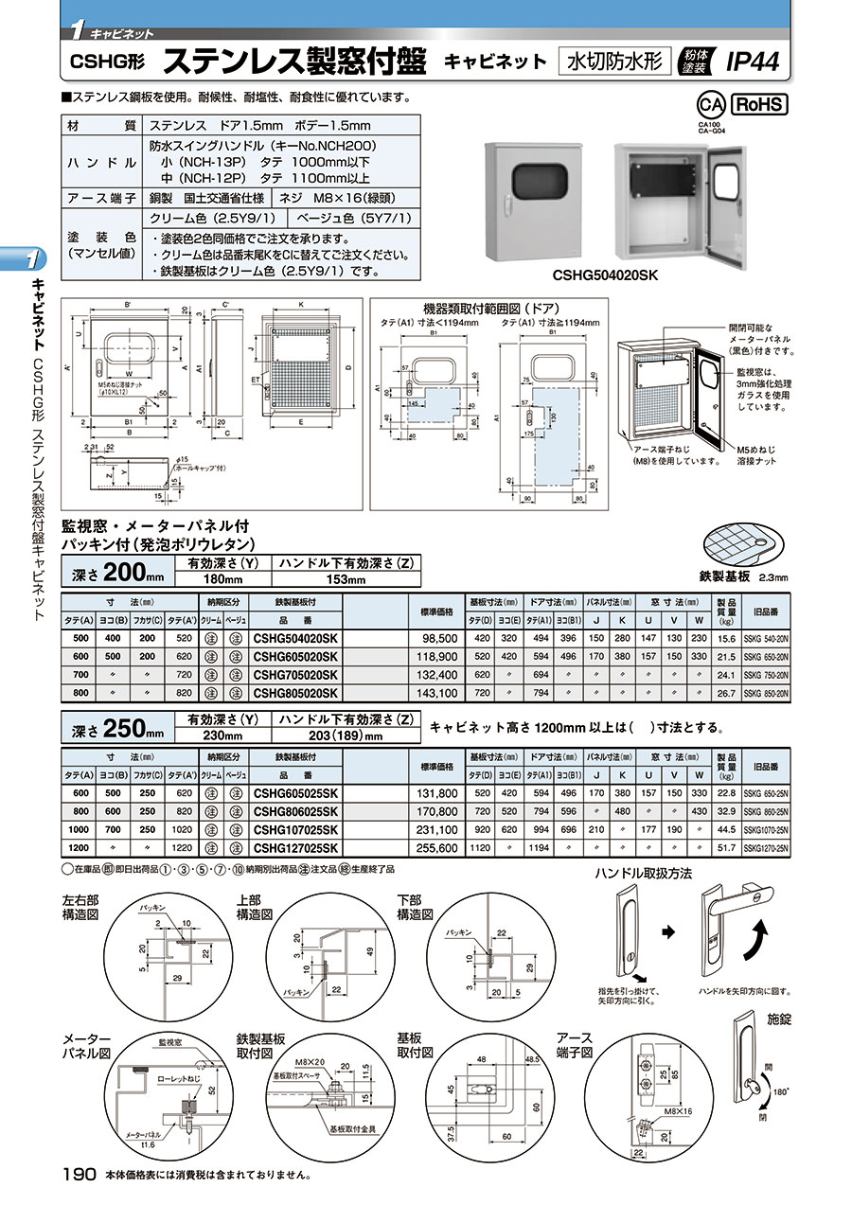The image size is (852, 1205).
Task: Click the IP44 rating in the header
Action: (x=753, y=62)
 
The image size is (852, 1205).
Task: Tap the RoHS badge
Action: (x=759, y=104)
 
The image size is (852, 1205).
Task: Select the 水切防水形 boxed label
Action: (x=616, y=62)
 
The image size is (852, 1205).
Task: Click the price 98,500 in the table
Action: (x=438, y=639)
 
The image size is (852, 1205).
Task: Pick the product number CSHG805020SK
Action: (x=295, y=694)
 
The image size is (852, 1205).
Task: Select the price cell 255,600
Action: (x=438, y=847)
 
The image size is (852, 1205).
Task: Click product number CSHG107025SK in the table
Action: (x=295, y=829)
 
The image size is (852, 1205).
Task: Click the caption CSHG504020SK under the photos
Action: (x=606, y=275)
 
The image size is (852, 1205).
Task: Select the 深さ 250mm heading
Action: (x=113, y=727)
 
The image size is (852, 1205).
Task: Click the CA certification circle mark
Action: (x=706, y=104)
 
